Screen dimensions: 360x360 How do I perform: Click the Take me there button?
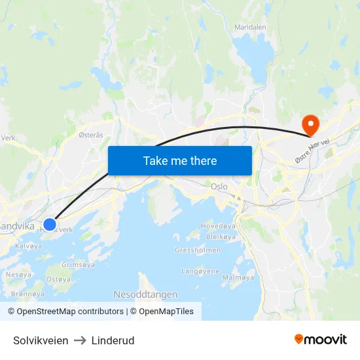click(x=180, y=160)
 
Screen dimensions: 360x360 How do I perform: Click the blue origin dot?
click(x=49, y=225)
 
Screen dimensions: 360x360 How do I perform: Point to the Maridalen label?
click(x=250, y=27)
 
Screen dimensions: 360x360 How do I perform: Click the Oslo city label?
click(x=219, y=187)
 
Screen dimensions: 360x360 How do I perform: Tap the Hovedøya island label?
click(x=217, y=226)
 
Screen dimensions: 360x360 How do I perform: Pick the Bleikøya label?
click(x=220, y=236)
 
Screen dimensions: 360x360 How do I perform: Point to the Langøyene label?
click(x=201, y=270)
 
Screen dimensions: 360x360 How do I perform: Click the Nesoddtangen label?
click(x=145, y=295)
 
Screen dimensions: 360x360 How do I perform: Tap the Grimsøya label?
click(x=78, y=264)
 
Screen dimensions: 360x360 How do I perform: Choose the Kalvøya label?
click(x=28, y=246)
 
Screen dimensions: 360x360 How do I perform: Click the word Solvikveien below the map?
click(x=41, y=340)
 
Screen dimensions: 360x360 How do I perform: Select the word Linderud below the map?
click(x=113, y=340)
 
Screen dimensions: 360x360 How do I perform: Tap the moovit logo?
click(x=321, y=339)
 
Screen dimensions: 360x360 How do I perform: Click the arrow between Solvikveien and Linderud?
click(x=80, y=340)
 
